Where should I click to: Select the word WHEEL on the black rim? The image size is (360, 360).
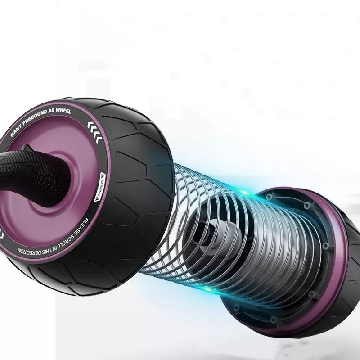[x=64, y=111]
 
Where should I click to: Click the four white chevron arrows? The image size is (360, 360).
[x=95, y=131]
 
